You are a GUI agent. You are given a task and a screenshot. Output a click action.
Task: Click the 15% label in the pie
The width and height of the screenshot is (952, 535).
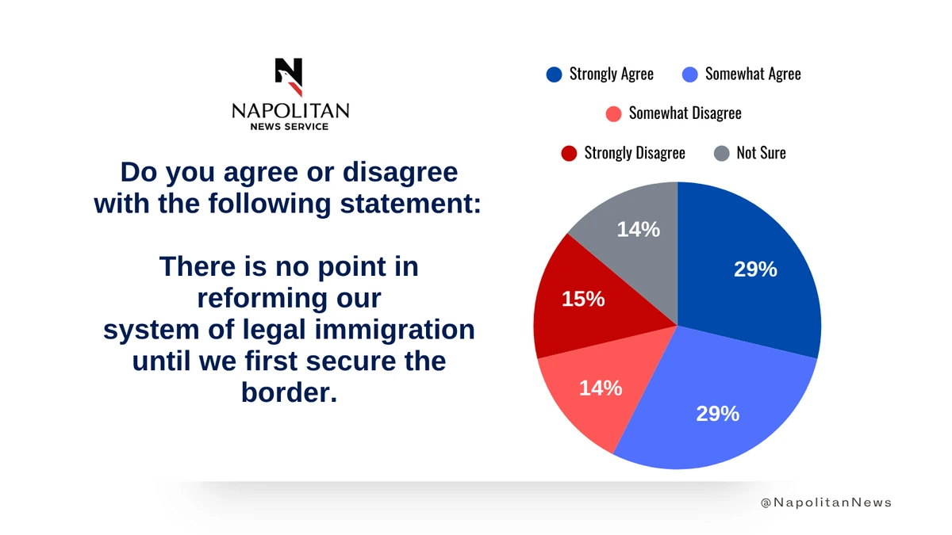coord(583,299)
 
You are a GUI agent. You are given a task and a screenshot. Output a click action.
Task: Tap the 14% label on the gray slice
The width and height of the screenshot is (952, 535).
coord(639,229)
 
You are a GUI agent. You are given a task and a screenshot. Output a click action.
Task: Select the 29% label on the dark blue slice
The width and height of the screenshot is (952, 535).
coord(755,269)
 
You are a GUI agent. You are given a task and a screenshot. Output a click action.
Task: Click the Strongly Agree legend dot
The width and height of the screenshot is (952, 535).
coord(554,75)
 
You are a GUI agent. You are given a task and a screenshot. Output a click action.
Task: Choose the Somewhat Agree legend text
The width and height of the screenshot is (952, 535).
coord(753,75)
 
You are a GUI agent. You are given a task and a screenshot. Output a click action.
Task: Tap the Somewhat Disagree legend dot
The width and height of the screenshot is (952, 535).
coord(613,113)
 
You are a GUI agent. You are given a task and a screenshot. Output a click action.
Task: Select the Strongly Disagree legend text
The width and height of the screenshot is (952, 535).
coord(635,153)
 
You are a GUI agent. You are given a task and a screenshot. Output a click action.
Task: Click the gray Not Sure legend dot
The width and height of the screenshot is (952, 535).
coord(721,153)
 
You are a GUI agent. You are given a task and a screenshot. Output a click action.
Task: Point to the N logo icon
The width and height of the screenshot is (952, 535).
coord(289,75)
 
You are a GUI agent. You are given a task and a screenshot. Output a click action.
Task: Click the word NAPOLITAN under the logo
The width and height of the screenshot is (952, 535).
coord(290,111)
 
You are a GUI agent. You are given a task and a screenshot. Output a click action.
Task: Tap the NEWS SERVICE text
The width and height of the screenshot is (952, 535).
coord(289,127)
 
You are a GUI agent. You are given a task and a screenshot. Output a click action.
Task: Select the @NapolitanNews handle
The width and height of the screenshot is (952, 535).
coord(826,503)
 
